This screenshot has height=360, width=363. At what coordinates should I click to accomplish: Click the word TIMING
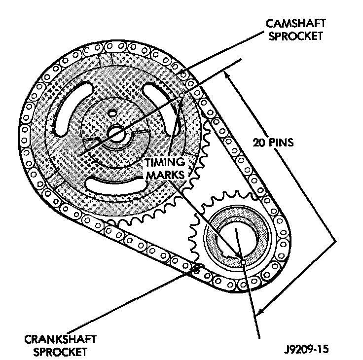[165, 162]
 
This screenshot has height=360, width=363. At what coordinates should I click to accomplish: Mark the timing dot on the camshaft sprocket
[181, 95]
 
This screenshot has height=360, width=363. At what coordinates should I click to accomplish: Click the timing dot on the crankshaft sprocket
[242, 257]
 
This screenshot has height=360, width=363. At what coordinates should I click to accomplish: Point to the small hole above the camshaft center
[114, 112]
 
